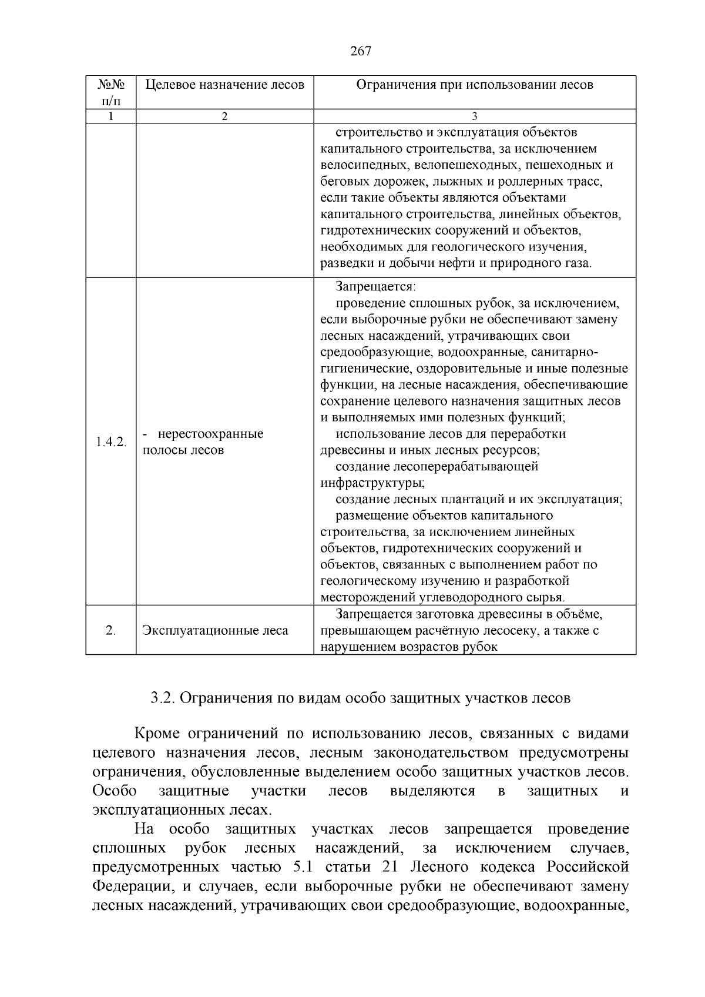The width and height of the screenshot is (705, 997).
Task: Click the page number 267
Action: (x=360, y=51)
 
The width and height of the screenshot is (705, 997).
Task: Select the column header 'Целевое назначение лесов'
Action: (x=224, y=85)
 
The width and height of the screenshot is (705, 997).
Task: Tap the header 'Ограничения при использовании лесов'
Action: (x=475, y=85)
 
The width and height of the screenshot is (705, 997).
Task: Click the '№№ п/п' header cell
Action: (x=110, y=92)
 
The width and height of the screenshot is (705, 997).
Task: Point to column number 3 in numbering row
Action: (x=475, y=116)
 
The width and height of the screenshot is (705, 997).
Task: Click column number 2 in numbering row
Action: (x=224, y=116)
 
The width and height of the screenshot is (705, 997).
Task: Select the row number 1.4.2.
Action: (x=110, y=442)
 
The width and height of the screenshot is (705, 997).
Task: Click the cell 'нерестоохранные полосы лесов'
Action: (x=203, y=442)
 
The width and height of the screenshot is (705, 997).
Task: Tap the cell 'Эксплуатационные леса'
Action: (x=215, y=631)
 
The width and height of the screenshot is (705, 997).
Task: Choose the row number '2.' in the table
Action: (x=110, y=631)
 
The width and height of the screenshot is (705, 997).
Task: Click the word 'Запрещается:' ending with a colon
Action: (x=375, y=287)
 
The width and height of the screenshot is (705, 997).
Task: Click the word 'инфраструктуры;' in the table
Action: (x=372, y=483)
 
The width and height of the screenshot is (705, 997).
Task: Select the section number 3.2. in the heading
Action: (x=163, y=698)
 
